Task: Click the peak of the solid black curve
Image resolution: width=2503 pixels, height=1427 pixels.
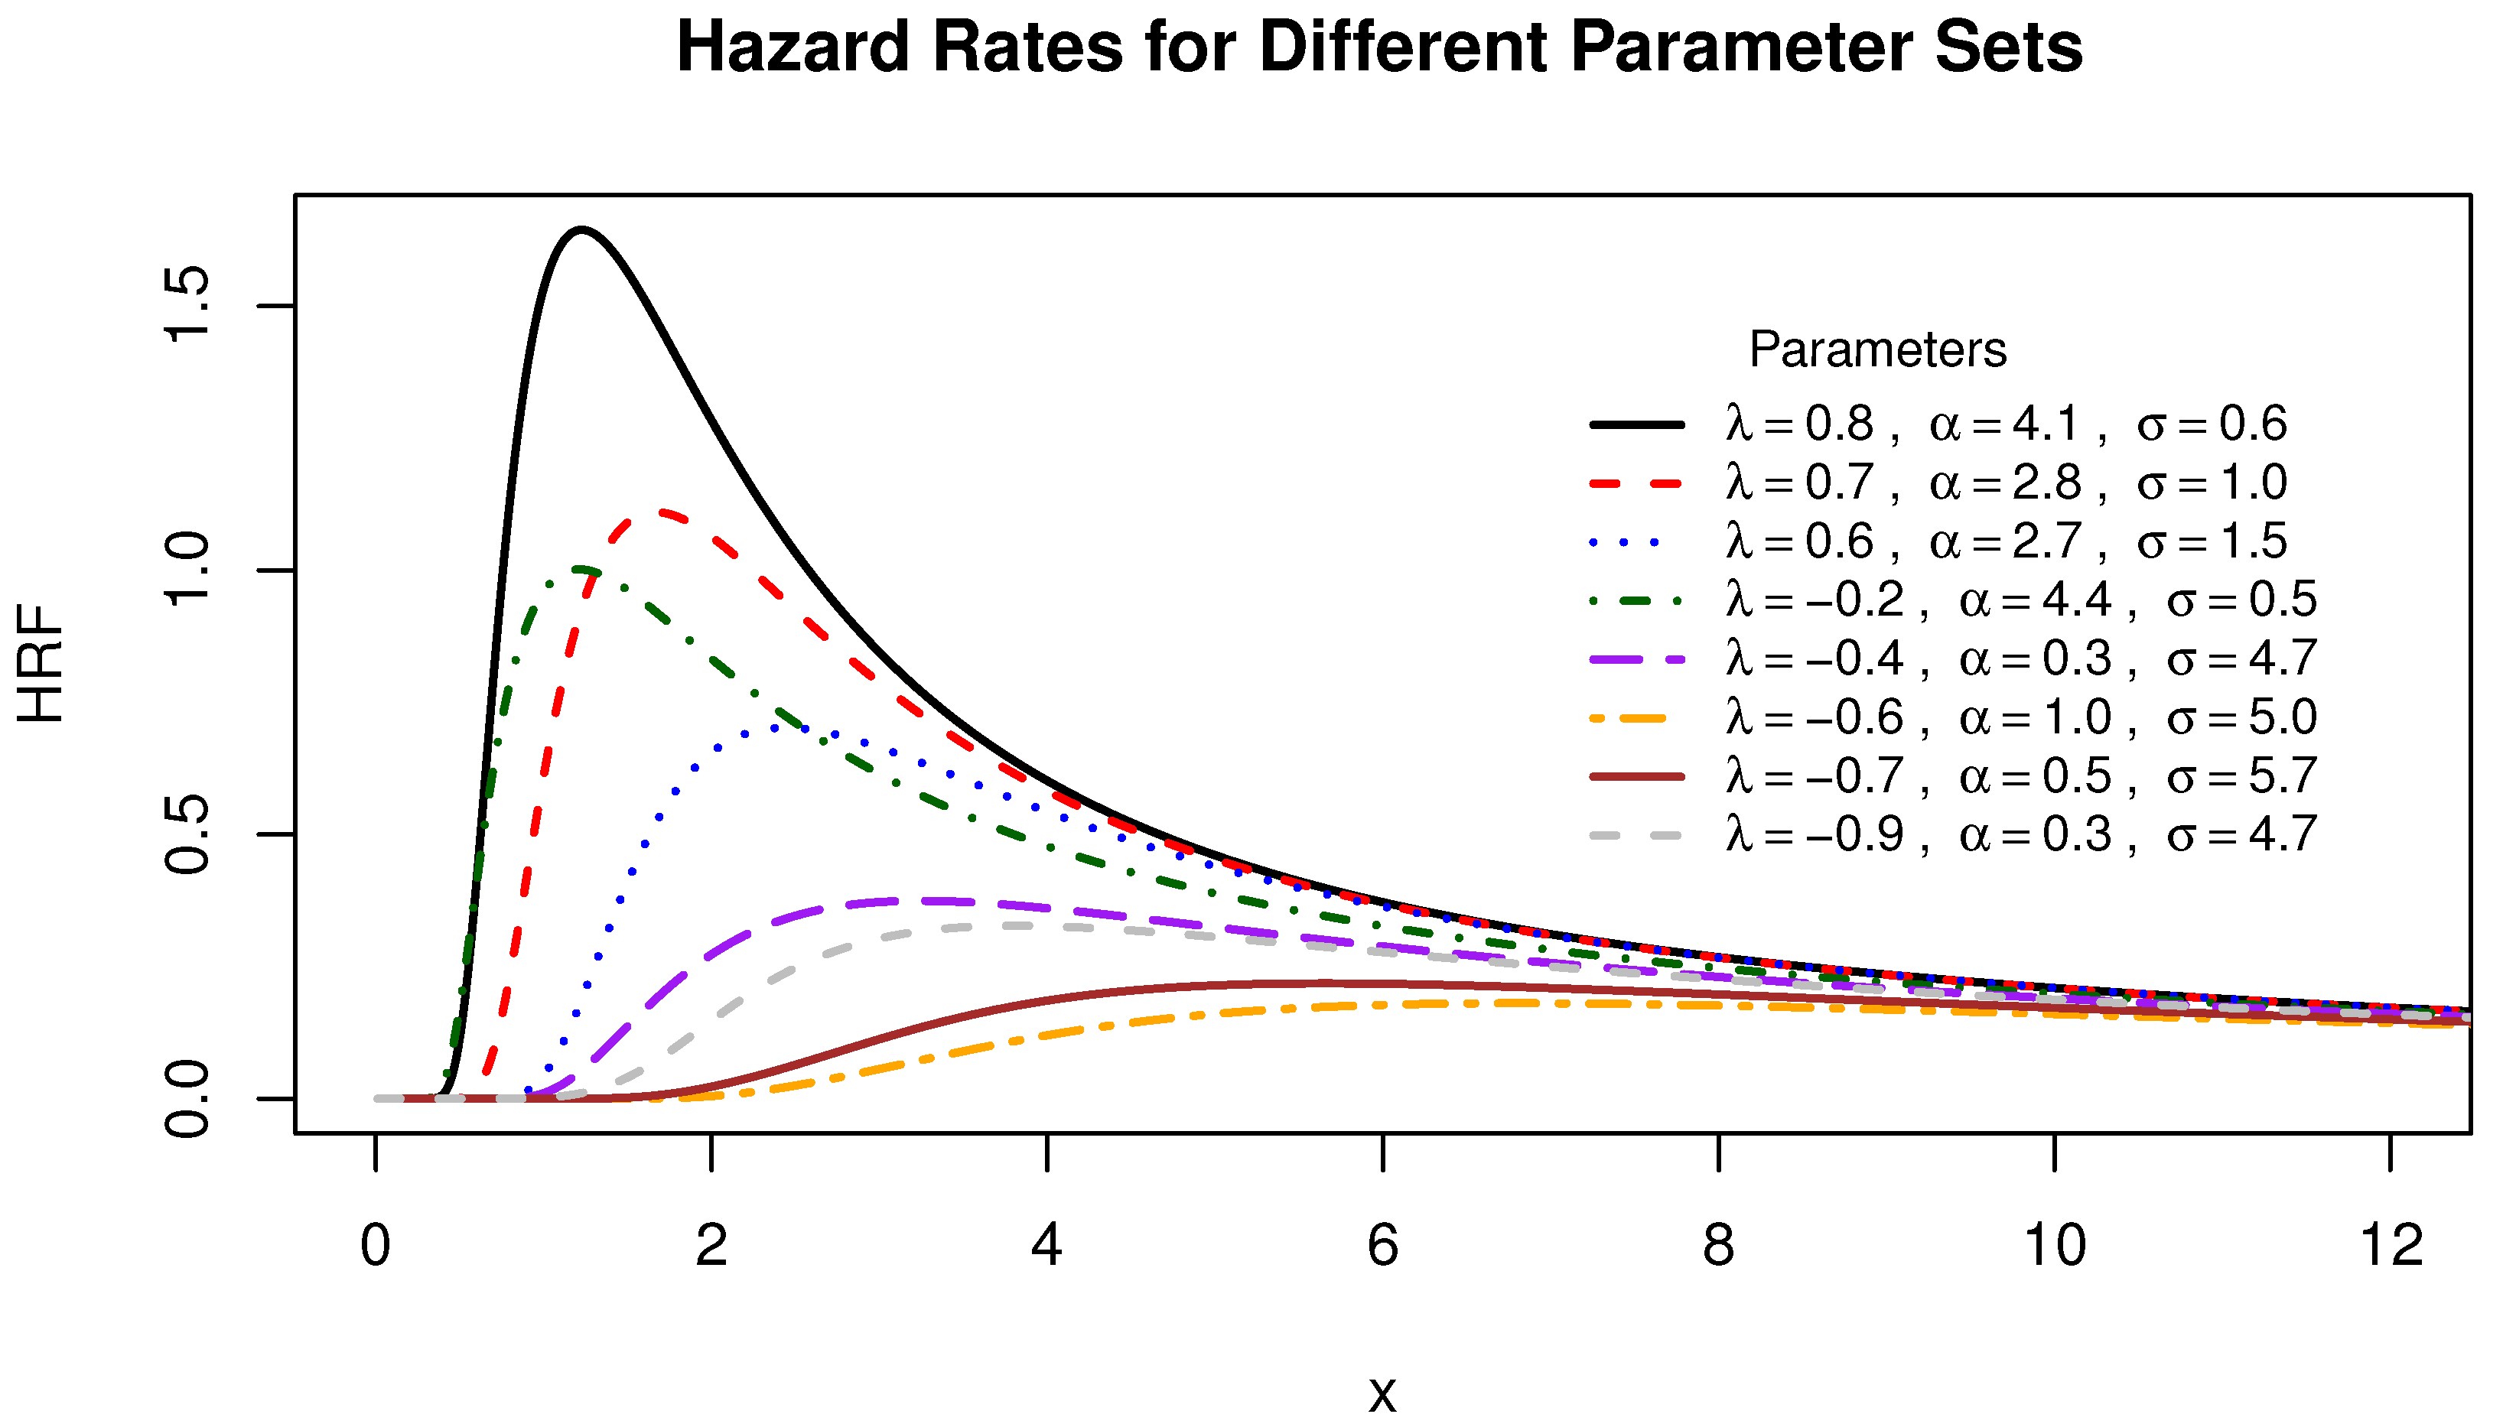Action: [x=581, y=230]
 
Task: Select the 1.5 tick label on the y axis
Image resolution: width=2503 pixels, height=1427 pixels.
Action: [x=187, y=305]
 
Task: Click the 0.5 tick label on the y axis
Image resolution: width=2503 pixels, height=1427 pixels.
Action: [x=187, y=834]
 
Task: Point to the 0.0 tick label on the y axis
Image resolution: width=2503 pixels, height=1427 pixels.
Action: [x=187, y=1099]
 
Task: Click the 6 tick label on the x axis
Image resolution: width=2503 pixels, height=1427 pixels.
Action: [x=1382, y=1246]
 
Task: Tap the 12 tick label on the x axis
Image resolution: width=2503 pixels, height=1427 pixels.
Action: [x=2391, y=1246]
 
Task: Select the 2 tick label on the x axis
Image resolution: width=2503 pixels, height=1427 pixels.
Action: [x=711, y=1246]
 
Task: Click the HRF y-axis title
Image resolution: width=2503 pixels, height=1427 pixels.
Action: [x=41, y=664]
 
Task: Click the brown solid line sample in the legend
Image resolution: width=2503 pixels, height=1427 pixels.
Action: [x=1636, y=776]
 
